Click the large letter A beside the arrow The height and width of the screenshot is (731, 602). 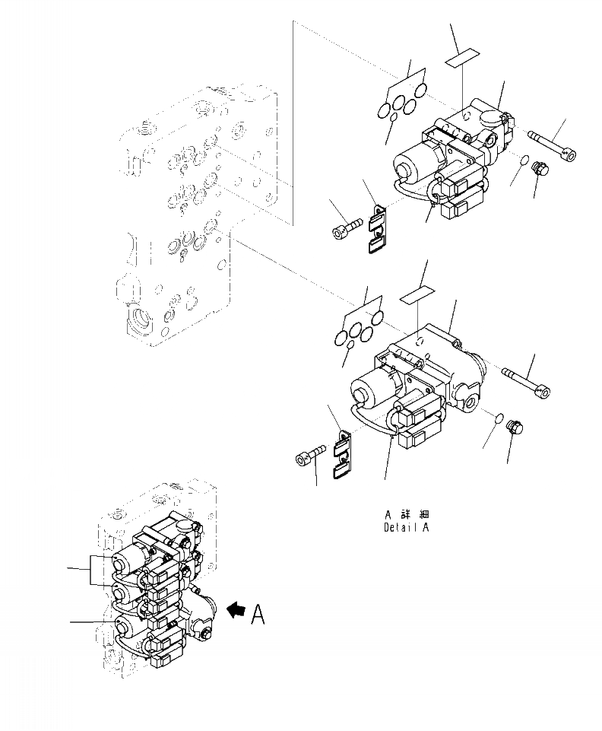(x=258, y=613)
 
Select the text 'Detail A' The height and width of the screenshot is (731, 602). (x=407, y=526)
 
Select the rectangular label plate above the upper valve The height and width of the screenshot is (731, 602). (x=463, y=57)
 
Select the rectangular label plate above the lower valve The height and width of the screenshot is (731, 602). (x=420, y=294)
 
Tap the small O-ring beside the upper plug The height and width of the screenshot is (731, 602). (x=522, y=162)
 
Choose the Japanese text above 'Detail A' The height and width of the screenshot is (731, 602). (x=407, y=513)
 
